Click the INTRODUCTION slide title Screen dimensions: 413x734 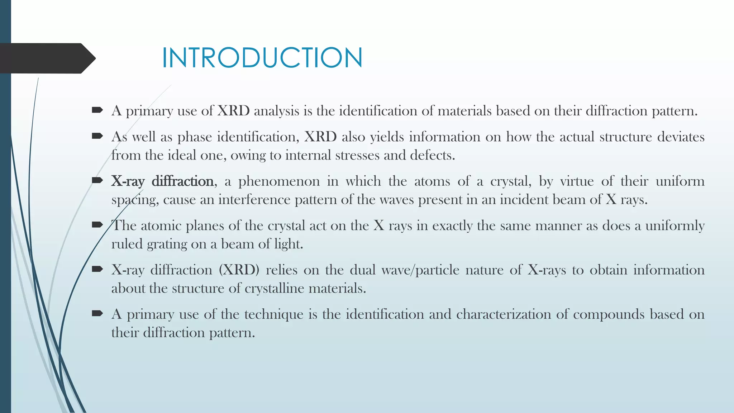[262, 58]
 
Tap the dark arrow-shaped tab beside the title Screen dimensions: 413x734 [47, 58]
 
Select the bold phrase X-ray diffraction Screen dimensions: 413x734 [162, 181]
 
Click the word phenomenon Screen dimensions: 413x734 [279, 181]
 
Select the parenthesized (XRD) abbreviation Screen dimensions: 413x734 [239, 270]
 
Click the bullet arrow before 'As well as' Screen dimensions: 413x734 [97, 136]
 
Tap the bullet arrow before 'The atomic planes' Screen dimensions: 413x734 [97, 225]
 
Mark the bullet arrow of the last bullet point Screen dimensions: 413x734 [97, 313]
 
